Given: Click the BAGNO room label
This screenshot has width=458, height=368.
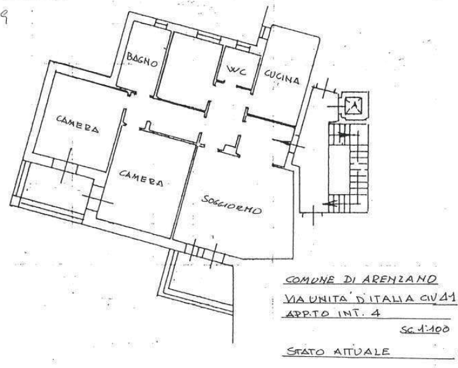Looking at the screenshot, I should pyautogui.click(x=143, y=60).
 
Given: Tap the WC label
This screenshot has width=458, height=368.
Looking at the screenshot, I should pyautogui.click(x=237, y=72).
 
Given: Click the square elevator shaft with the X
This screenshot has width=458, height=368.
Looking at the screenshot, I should pyautogui.click(x=353, y=106).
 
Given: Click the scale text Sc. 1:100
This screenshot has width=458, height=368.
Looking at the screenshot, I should pyautogui.click(x=420, y=331).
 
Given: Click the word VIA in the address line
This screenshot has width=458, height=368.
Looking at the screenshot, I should pyautogui.click(x=296, y=299).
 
